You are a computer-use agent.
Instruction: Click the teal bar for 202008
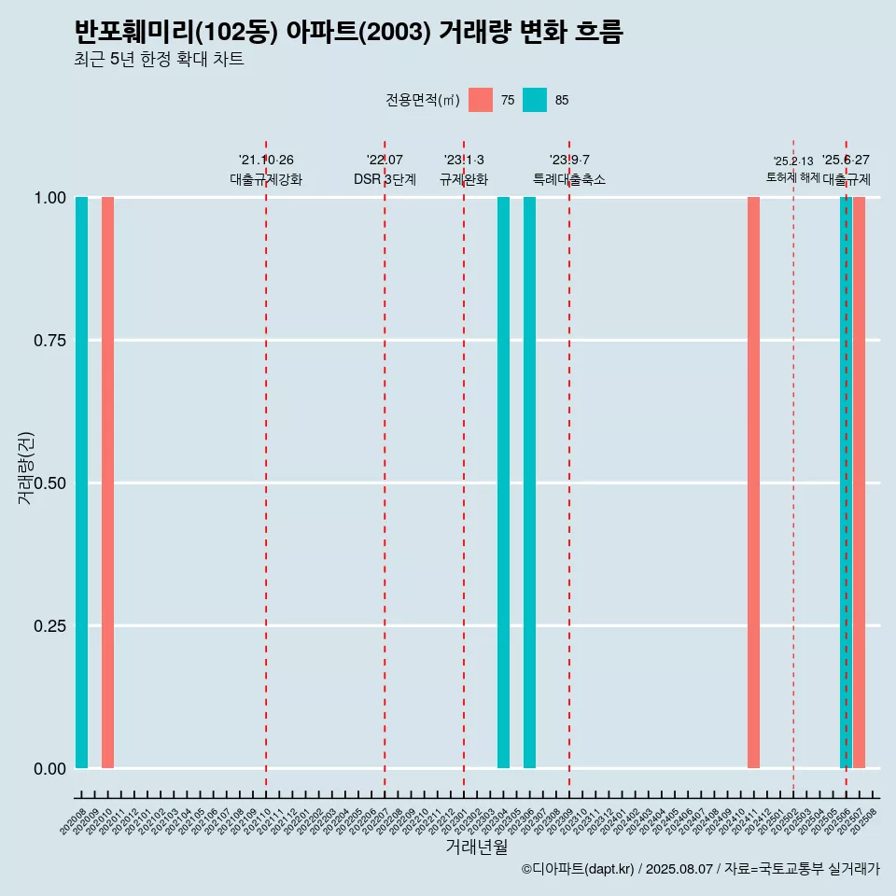[81, 483]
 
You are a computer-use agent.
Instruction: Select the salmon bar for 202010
[107, 483]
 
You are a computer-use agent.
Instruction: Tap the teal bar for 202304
[503, 483]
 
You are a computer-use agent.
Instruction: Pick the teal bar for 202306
[529, 483]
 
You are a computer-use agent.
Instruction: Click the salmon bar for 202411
[753, 483]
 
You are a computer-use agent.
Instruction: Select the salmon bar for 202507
[860, 483]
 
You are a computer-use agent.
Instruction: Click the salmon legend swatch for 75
[481, 100]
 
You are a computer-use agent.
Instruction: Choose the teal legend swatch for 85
[535, 100]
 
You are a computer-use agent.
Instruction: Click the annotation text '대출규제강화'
[266, 179]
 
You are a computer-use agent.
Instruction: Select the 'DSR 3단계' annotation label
[385, 179]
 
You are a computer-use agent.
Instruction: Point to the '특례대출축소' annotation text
[569, 179]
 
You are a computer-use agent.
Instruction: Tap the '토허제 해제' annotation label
[792, 176]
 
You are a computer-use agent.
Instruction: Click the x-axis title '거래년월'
[477, 847]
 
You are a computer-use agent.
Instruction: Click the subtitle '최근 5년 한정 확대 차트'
[159, 60]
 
